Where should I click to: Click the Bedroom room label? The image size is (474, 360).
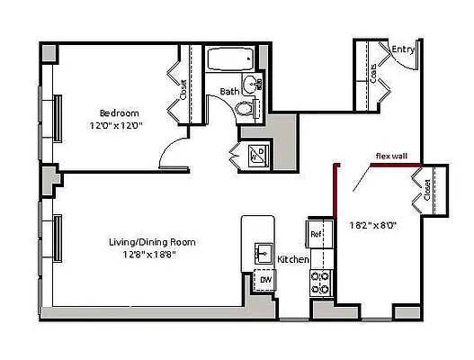(119, 112)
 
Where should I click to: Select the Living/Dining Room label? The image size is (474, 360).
(152, 242)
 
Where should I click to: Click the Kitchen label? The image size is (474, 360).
(293, 259)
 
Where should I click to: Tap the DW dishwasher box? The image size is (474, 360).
(266, 280)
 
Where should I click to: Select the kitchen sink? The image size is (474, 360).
(264, 253)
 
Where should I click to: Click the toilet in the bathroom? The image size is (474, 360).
(243, 109)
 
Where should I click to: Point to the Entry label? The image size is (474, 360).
(404, 50)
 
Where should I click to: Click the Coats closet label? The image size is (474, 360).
(373, 74)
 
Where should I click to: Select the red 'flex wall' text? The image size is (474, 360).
(391, 156)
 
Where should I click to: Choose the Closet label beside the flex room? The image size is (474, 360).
(425, 192)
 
